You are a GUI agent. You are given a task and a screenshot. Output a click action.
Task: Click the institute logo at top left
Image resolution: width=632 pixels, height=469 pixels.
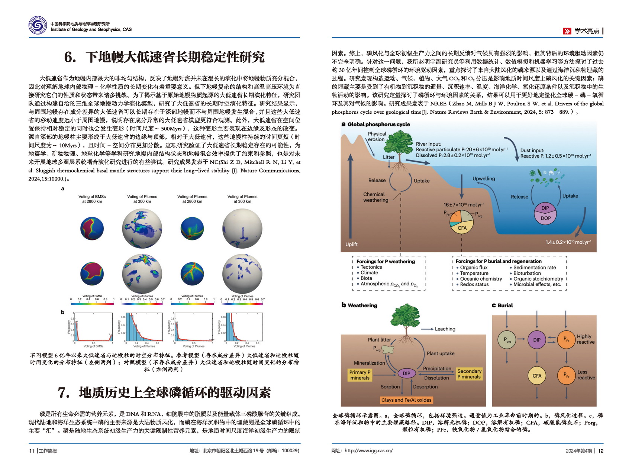pyautogui.click(x=38, y=26)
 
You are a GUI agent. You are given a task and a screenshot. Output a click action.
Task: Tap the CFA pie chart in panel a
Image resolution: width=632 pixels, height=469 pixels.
pyautogui.click(x=461, y=222)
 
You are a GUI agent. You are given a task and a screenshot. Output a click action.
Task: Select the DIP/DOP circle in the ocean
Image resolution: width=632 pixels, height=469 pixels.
pyautogui.click(x=545, y=213)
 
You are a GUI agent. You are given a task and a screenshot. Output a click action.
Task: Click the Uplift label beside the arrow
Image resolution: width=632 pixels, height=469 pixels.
pyautogui.click(x=351, y=244)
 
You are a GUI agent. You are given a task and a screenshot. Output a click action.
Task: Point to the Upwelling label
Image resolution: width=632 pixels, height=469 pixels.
pyautogui.click(x=483, y=178)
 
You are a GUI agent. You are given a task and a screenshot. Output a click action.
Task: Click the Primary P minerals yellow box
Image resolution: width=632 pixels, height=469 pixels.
pyautogui.click(x=359, y=375)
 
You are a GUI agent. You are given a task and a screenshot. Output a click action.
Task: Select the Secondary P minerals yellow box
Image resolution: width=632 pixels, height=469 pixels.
pyautogui.click(x=469, y=374)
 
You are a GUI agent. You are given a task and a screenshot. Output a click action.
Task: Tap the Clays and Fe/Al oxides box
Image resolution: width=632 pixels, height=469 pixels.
pyautogui.click(x=406, y=400)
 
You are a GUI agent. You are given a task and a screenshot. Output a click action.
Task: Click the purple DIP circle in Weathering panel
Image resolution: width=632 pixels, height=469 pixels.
pyautogui.click(x=406, y=373)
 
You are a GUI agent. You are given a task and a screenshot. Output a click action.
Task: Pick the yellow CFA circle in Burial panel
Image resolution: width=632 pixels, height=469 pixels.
pyautogui.click(x=537, y=376)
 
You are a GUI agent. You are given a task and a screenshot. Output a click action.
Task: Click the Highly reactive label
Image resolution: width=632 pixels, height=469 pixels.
pyautogui.click(x=586, y=339)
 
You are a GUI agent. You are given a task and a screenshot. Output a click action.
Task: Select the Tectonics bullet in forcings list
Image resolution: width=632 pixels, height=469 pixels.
pyautogui.click(x=371, y=267)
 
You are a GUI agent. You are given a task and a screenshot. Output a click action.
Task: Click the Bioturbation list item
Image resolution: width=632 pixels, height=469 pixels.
pyautogui.click(x=527, y=273)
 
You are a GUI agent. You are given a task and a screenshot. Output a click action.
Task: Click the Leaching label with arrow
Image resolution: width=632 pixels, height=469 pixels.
pyautogui.click(x=445, y=329)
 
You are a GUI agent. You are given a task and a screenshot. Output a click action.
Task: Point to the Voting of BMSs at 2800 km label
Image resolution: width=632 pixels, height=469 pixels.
pyautogui.click(x=92, y=199)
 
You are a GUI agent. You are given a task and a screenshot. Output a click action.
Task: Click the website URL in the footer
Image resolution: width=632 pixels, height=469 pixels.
pyautogui.click(x=368, y=450)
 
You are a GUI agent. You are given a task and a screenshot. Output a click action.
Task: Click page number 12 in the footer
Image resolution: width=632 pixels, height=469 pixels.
pyautogui.click(x=600, y=451)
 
